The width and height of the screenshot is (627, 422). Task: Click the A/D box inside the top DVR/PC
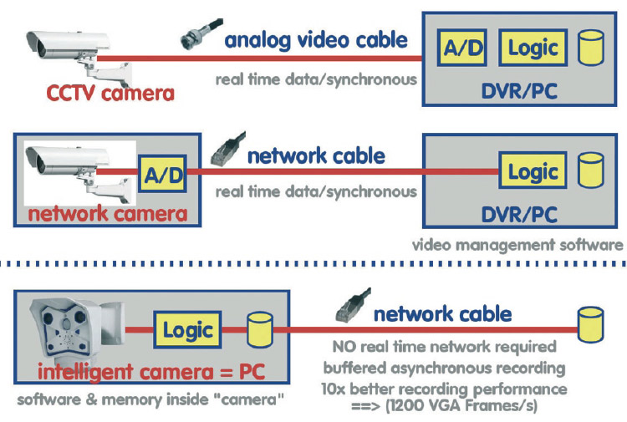[463, 48]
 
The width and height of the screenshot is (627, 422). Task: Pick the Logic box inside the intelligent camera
[188, 328]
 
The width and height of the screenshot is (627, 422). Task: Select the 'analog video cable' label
[316, 40]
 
